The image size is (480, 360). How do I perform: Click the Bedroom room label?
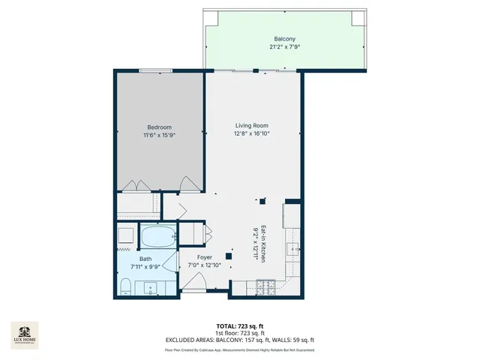(159, 127)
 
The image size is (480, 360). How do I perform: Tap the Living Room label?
(251, 125)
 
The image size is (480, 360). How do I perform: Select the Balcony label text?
(284, 38)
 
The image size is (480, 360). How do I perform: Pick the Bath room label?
(145, 259)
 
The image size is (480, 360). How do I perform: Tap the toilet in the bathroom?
(127, 286)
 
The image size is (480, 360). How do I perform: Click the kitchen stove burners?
(265, 286)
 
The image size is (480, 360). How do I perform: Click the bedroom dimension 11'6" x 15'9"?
(159, 135)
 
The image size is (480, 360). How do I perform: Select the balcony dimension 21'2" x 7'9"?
(284, 46)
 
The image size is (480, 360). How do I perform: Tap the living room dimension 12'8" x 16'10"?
(251, 134)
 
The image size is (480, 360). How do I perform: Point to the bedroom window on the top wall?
(158, 71)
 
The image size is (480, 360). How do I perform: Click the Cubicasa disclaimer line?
(239, 349)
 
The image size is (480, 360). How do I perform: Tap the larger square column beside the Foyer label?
(228, 256)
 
